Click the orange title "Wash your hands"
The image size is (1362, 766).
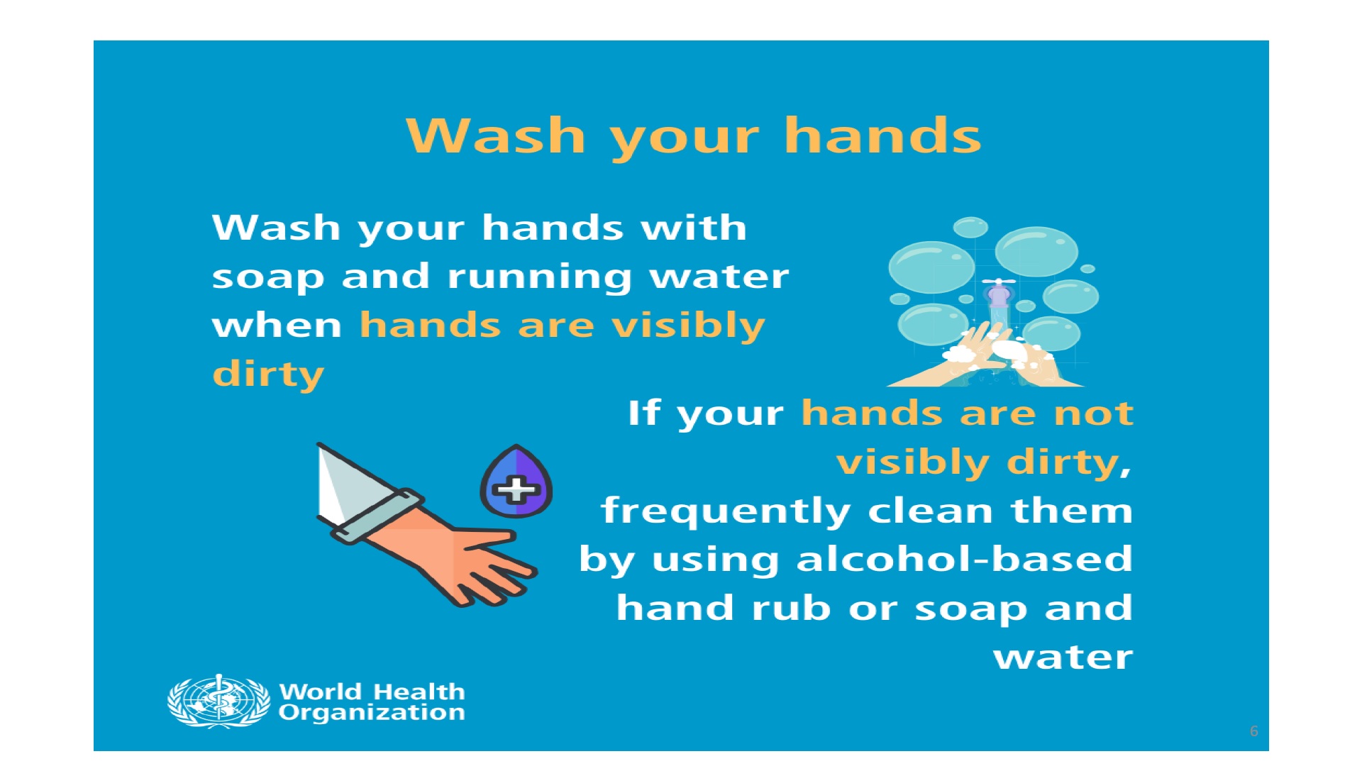693,136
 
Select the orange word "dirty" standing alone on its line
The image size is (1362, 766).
268,374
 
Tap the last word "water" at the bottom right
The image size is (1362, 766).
1063,657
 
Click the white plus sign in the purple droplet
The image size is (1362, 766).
516,490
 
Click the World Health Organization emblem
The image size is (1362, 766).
218,701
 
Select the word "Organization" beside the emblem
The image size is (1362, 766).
372,713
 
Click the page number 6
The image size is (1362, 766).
1253,731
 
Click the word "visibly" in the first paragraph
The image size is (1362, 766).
688,326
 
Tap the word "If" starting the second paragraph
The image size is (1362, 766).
644,413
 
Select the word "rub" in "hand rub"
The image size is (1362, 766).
791,608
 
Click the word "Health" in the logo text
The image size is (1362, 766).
419,692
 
